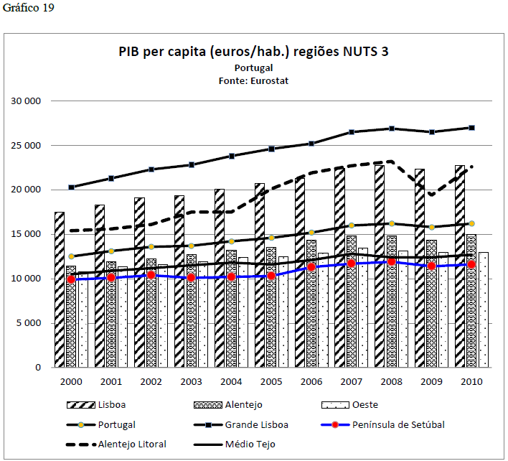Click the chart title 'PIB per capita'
254,52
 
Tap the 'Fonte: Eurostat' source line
253,81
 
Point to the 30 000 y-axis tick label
27,101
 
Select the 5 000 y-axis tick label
29,323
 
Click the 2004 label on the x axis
231,381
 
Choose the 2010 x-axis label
471,381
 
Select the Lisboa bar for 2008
379,273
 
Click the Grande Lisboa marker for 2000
72,187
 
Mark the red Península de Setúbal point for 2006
311,267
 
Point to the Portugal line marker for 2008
391,223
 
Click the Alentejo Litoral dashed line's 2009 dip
431,194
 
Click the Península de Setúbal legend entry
399,424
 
